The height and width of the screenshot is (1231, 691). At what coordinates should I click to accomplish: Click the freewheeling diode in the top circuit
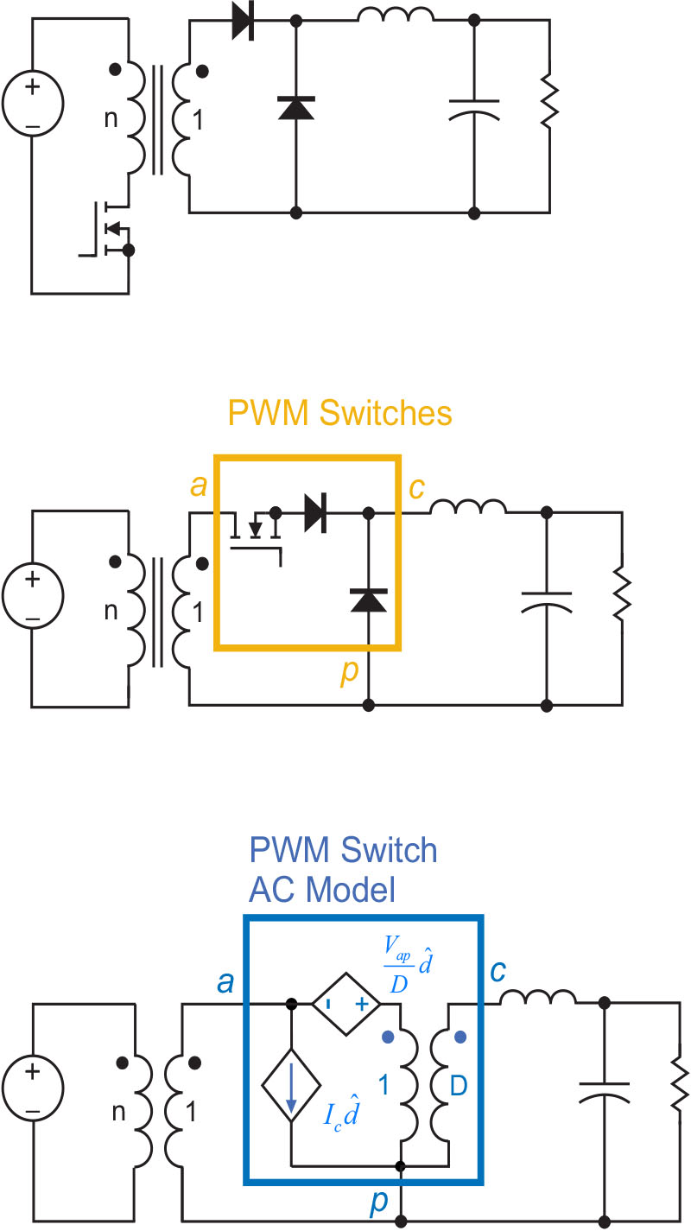tap(296, 106)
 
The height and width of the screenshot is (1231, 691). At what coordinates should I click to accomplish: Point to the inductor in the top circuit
tap(396, 16)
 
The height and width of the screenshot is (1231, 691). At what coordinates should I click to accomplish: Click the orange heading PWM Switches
tap(339, 414)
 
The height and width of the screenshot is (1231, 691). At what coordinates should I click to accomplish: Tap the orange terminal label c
tap(416, 488)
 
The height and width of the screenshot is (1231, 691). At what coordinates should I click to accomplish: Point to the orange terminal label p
tap(350, 671)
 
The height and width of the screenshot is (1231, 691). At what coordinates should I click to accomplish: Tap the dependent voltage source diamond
tap(339, 1005)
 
